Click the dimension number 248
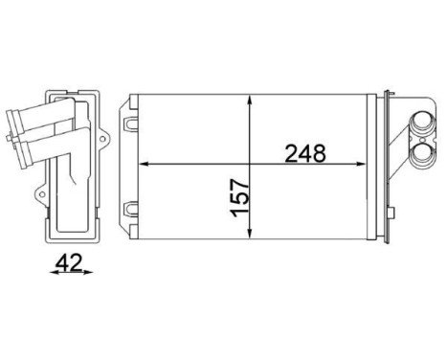click(305, 151)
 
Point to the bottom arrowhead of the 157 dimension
click(250, 236)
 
